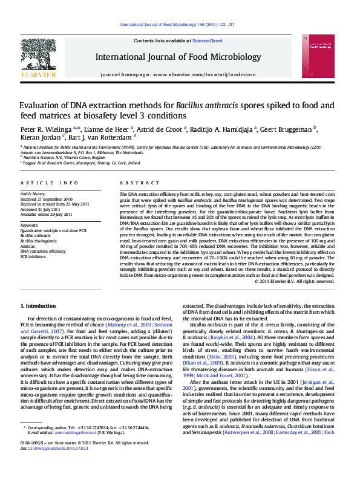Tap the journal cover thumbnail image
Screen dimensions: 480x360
[321, 57]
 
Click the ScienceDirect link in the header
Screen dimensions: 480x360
[208, 41]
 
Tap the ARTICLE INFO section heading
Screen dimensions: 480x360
[49, 183]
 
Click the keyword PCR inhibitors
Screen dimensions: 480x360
[33, 257]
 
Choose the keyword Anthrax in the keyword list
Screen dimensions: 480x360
[28, 247]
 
